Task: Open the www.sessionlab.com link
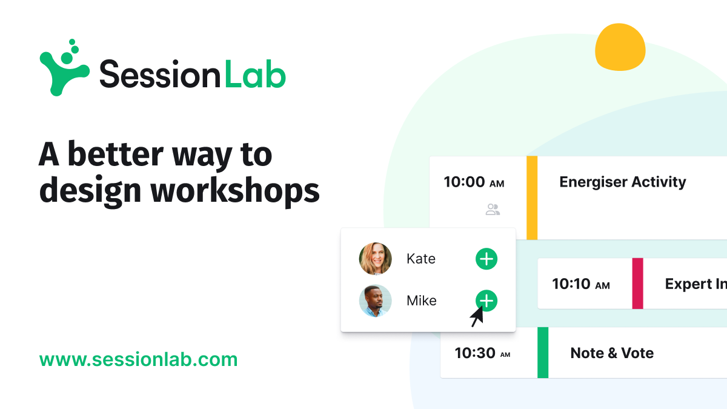click(138, 359)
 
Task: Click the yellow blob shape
click(620, 47)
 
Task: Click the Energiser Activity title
click(622, 182)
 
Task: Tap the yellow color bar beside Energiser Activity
click(532, 198)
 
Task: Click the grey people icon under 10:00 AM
click(493, 210)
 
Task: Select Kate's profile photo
click(375, 259)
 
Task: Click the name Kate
click(421, 259)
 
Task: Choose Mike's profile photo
click(375, 301)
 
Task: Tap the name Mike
click(421, 301)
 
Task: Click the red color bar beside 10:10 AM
click(637, 283)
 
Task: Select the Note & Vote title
click(612, 353)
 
